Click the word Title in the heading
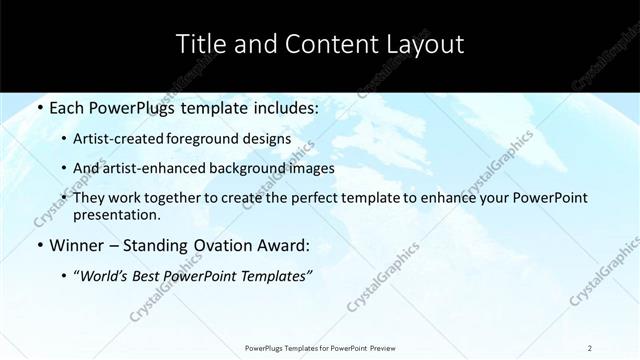click(x=200, y=44)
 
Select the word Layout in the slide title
click(x=426, y=44)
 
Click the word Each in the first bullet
click(x=68, y=107)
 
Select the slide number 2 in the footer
click(x=590, y=348)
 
